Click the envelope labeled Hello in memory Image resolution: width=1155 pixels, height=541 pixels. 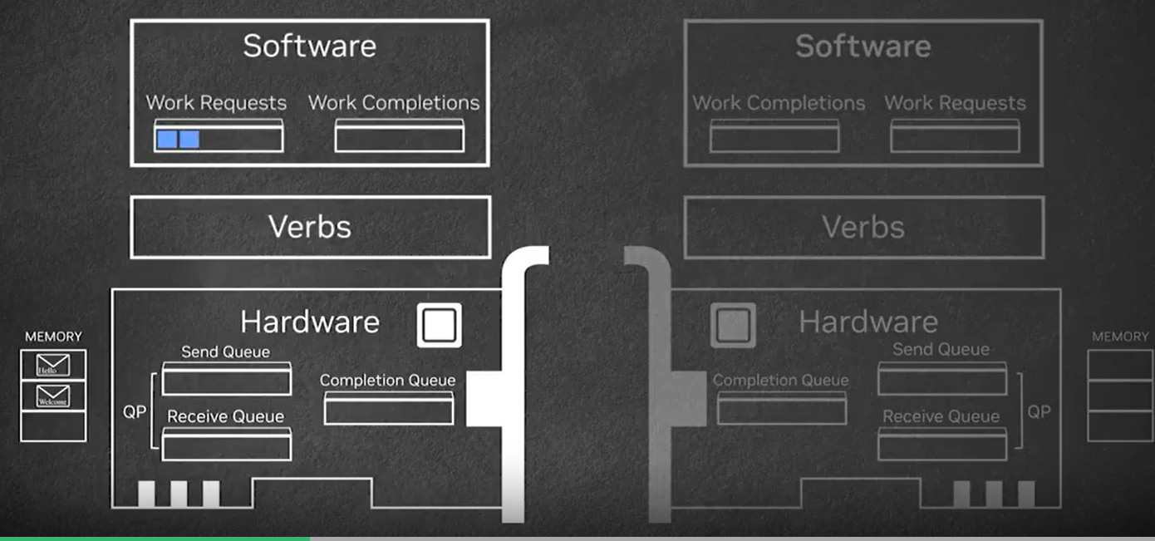point(52,366)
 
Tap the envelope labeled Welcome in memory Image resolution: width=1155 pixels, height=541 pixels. point(52,396)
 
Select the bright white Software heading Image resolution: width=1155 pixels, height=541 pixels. point(309,46)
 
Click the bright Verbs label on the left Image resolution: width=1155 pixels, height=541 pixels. point(309,227)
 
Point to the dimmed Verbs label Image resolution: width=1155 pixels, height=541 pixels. point(863,227)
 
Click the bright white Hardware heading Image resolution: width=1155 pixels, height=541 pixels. point(309,322)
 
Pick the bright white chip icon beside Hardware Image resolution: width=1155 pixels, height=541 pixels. point(439,325)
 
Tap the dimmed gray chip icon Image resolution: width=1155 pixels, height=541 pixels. point(733,325)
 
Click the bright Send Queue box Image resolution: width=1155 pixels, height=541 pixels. point(226,379)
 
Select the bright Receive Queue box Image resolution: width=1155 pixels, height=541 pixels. point(226,444)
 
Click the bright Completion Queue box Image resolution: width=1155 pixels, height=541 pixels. point(388,408)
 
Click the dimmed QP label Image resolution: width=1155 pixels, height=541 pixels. point(1039,412)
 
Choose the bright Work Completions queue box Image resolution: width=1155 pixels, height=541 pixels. point(399,135)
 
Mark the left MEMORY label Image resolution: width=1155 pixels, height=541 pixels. point(53,337)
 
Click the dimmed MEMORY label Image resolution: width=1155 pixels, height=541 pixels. point(1120,337)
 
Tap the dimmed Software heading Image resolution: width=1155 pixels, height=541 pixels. point(863,46)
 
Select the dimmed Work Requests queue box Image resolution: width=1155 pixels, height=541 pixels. point(955,136)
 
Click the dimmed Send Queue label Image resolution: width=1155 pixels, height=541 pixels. point(941,350)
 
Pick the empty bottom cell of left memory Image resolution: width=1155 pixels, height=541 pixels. point(52,426)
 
